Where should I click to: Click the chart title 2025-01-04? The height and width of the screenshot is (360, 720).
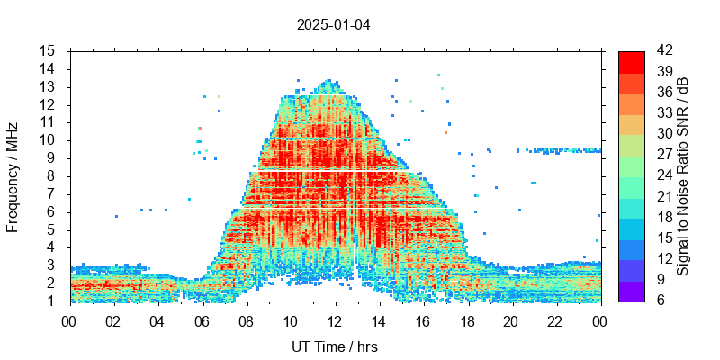point(333,24)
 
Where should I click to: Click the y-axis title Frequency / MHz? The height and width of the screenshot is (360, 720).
point(13,176)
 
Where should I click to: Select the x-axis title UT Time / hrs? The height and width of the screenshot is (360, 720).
point(335,347)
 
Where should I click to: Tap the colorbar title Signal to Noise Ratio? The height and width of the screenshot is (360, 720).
point(684,176)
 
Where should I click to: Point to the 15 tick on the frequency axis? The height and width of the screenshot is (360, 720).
point(49,50)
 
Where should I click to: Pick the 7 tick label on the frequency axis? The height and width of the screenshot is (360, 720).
point(52,193)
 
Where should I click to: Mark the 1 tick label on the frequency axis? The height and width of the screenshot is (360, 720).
point(52,301)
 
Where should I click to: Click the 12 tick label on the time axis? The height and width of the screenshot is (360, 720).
point(335,320)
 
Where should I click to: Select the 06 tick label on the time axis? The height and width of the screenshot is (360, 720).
point(202,320)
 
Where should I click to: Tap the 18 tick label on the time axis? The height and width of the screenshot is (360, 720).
point(467,320)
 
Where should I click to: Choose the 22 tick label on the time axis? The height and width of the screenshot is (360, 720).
point(555,320)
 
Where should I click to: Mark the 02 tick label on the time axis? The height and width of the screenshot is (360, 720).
point(113,320)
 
